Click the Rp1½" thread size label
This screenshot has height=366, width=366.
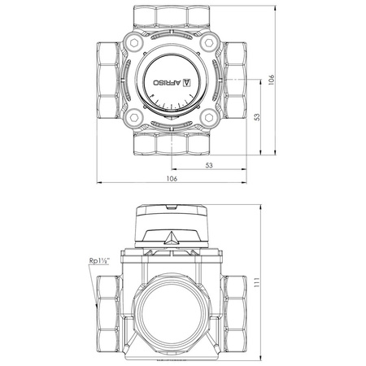pyautogui.click(x=98, y=261)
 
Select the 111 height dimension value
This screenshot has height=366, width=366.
pyautogui.click(x=257, y=282)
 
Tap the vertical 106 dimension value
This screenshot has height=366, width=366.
pyautogui.click(x=272, y=80)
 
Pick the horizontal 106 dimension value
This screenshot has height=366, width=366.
pyautogui.click(x=172, y=179)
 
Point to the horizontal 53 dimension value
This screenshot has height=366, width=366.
pyautogui.click(x=209, y=165)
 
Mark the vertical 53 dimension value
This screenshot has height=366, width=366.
pyautogui.click(x=257, y=117)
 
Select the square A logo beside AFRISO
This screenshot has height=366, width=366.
pyautogui.click(x=187, y=82)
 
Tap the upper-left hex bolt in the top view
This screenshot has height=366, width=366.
pyautogui.click(x=134, y=43)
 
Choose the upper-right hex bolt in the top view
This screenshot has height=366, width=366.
pyautogui.click(x=209, y=43)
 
